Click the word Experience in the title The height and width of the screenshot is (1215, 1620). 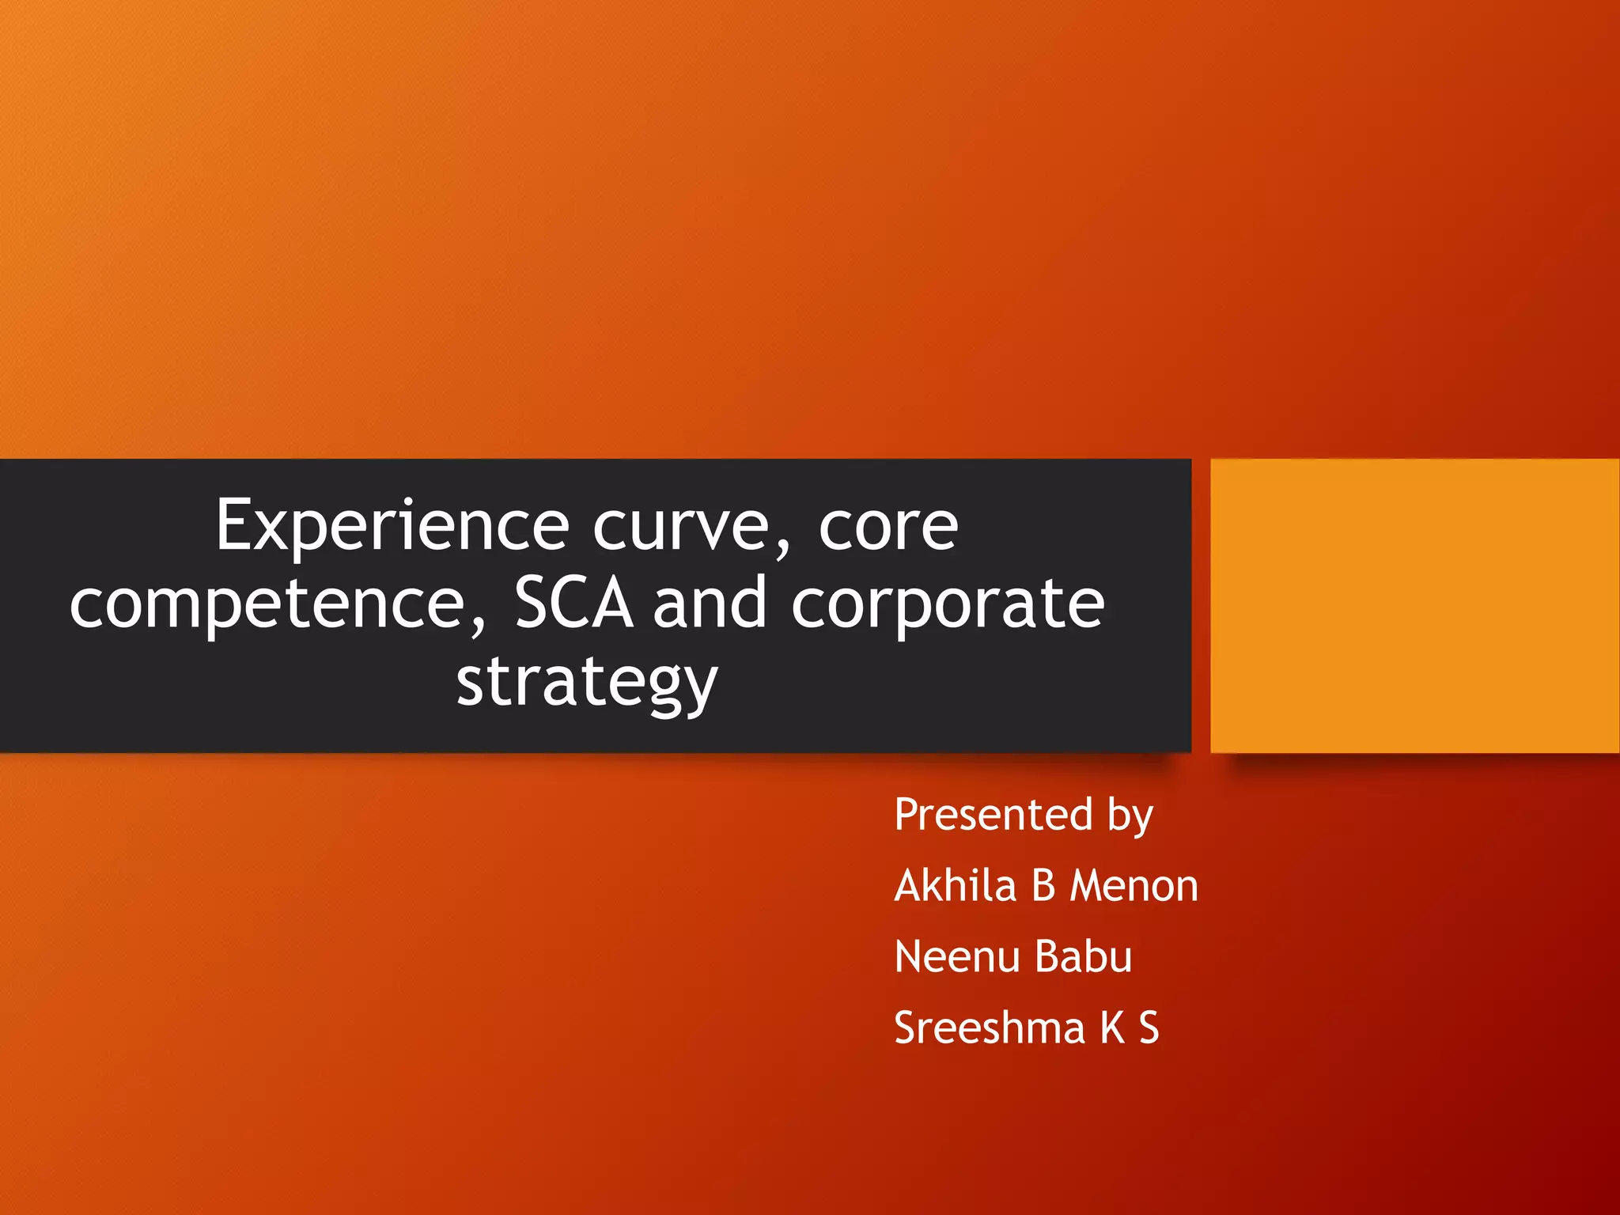[392, 526]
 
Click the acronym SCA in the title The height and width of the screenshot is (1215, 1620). [574, 604]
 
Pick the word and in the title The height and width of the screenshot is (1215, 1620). [710, 604]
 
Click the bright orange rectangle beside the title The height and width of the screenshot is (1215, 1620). [1414, 605]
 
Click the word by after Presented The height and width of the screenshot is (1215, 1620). [1130, 816]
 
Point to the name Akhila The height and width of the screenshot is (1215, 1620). [955, 885]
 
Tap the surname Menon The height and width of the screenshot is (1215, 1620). [1134, 885]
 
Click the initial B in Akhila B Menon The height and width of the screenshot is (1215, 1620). [1043, 885]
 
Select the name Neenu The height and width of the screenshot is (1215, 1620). [957, 956]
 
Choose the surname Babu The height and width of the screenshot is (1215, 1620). [1084, 956]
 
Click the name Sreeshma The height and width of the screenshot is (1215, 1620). [989, 1028]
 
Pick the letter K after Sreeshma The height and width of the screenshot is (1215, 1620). [1112, 1028]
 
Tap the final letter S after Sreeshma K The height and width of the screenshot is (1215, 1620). [1149, 1028]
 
